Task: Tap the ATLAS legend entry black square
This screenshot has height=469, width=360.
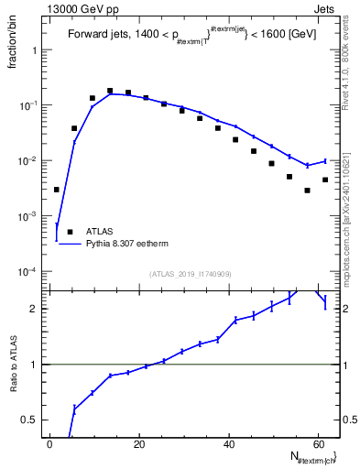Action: tap(65, 232)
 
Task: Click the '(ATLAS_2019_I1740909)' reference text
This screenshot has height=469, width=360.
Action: tap(191, 273)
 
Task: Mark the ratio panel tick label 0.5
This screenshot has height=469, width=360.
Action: tap(29, 420)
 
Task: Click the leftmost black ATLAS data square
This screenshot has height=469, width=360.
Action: tap(57, 190)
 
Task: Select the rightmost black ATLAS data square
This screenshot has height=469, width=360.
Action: tap(325, 180)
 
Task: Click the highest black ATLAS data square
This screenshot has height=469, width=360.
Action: tap(110, 91)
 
